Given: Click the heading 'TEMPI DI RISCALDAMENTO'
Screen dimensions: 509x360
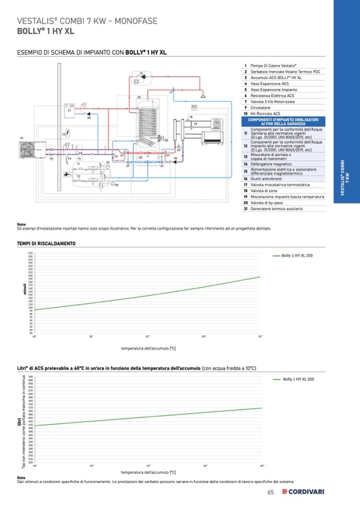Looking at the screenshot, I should coord(46,244).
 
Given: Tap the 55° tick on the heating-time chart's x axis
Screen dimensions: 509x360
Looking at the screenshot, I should coord(148,337).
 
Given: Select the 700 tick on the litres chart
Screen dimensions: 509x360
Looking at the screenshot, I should coord(30,376).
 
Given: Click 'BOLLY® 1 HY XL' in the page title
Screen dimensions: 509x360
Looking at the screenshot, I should coord(46,31).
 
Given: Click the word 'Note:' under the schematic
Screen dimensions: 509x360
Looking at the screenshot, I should coord(22,225).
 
